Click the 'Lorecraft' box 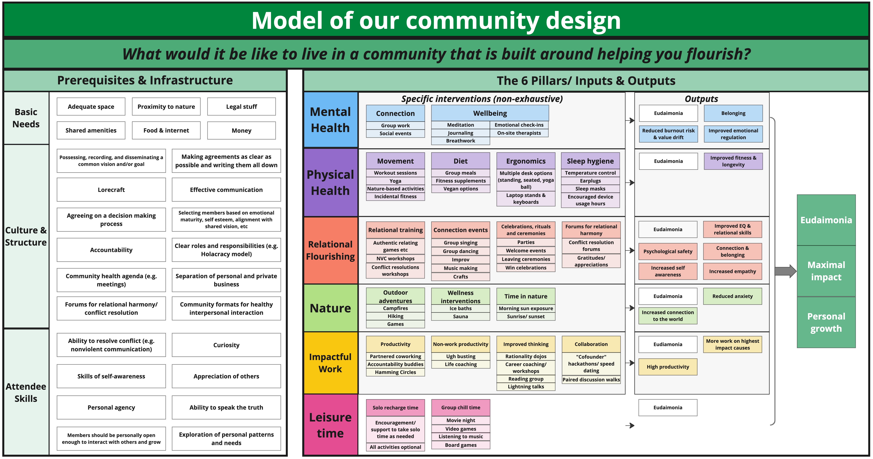click(111, 190)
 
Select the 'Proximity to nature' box click(166, 107)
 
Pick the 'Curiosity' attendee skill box click(226, 345)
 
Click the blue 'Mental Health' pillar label click(330, 120)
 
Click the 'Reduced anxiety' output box click(732, 296)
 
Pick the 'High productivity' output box click(668, 367)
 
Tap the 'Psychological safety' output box click(668, 251)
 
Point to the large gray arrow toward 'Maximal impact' click(785, 271)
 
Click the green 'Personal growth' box click(826, 322)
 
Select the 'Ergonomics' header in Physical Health click(526, 161)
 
